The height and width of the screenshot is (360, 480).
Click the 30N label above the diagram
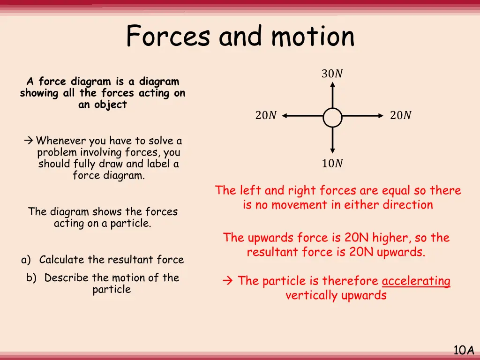332,74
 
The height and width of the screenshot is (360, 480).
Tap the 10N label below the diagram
332,164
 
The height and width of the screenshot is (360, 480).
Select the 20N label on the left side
266,115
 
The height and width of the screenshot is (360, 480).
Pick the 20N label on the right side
400,115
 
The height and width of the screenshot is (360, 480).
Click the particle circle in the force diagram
332,117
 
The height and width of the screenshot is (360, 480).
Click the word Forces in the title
168,37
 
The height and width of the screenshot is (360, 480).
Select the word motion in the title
313,37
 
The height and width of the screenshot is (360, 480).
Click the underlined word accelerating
416,281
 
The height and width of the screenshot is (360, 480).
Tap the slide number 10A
464,350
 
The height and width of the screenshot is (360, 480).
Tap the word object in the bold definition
109,105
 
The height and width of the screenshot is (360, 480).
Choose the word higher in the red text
390,238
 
